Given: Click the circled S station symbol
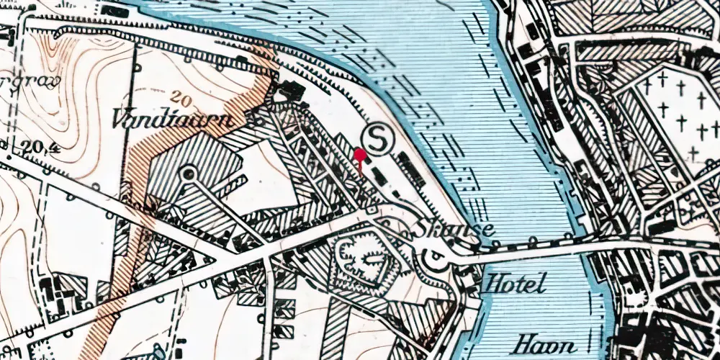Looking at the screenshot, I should pyautogui.click(x=377, y=138).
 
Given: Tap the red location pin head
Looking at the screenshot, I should pyautogui.click(x=359, y=153).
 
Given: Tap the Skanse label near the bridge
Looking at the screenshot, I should pyautogui.click(x=454, y=230).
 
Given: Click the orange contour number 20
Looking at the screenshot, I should pyautogui.click(x=183, y=96).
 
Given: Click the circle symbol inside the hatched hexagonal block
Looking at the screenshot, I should pyautogui.click(x=189, y=173).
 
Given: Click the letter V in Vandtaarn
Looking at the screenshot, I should pyautogui.click(x=119, y=119).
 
